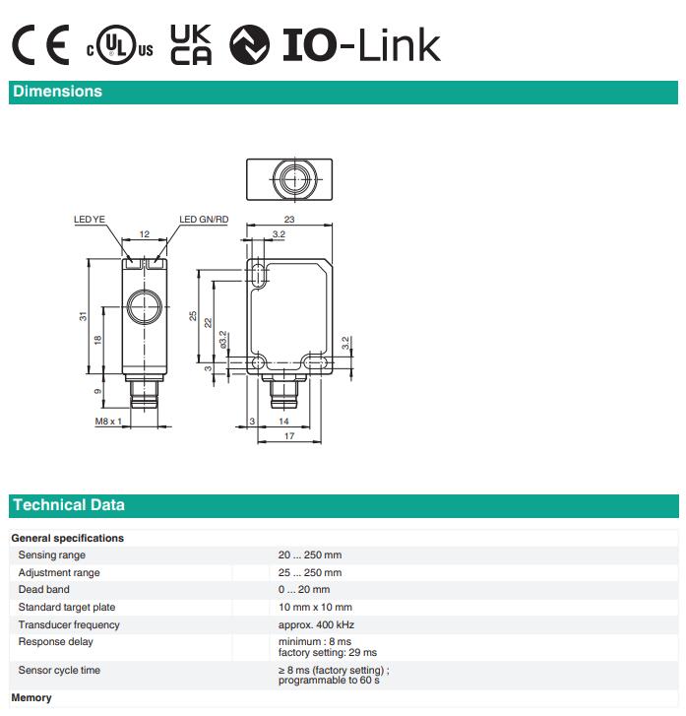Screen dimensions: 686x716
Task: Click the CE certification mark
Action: (40, 44)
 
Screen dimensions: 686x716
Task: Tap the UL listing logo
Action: (119, 44)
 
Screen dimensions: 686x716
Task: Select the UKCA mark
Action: (191, 44)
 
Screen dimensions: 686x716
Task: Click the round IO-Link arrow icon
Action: (249, 44)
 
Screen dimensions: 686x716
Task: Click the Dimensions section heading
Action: (57, 92)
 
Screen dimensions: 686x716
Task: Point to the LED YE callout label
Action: (90, 220)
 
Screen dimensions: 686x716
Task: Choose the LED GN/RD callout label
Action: (204, 220)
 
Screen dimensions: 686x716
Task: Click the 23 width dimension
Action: (289, 220)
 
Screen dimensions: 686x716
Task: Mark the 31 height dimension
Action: (83, 316)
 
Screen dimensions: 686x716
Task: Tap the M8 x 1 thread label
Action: (108, 421)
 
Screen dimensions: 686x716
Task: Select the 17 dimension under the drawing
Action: (289, 436)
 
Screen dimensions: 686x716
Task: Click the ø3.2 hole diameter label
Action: (223, 340)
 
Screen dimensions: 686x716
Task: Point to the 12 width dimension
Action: (145, 234)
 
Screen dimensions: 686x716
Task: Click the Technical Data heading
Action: (69, 505)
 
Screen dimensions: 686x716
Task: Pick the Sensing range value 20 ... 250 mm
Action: (310, 554)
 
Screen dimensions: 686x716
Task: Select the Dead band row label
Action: (44, 590)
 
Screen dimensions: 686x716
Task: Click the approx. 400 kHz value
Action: (316, 624)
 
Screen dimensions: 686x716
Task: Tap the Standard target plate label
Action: (67, 608)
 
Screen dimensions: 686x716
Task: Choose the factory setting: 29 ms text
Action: (328, 653)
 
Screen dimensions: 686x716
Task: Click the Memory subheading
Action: (31, 697)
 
